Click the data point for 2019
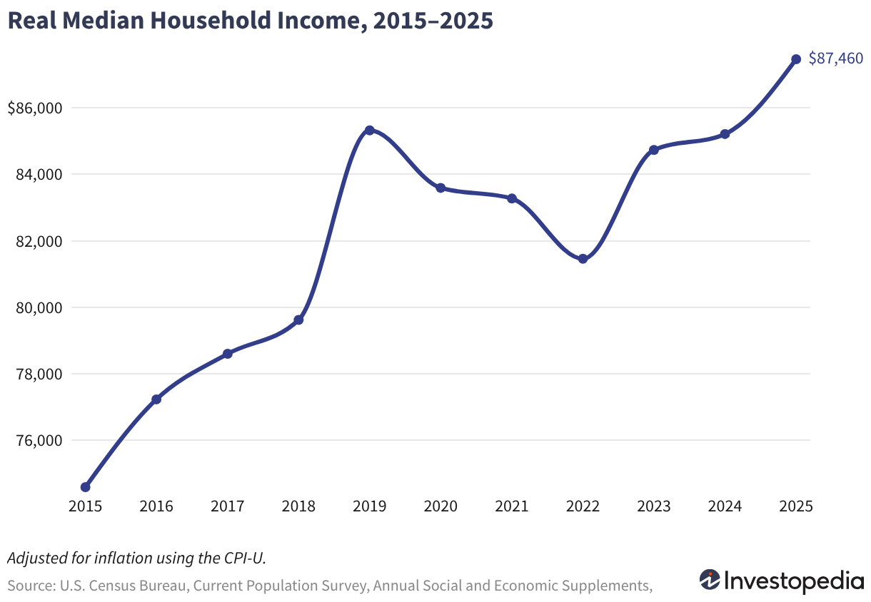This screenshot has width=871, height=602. (370, 130)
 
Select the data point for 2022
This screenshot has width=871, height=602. (583, 259)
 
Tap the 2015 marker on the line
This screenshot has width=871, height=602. (86, 487)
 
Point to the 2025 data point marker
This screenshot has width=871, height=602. (796, 59)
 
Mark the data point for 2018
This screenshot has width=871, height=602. (298, 320)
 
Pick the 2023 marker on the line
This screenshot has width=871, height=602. (654, 150)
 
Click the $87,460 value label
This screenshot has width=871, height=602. (835, 58)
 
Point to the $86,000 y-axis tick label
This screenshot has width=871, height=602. (35, 108)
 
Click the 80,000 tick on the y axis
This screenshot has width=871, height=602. (39, 307)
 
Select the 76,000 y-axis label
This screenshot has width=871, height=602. (39, 440)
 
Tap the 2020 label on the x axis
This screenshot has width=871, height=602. (440, 506)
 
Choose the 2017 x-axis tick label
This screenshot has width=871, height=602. (228, 506)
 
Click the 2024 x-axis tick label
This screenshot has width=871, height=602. (725, 506)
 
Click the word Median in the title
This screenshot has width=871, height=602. (103, 20)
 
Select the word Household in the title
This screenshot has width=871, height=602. (211, 20)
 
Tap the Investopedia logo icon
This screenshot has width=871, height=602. (710, 581)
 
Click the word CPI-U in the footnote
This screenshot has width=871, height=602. (245, 558)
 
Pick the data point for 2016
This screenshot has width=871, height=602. (156, 399)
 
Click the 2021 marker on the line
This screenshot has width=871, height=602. (512, 198)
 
